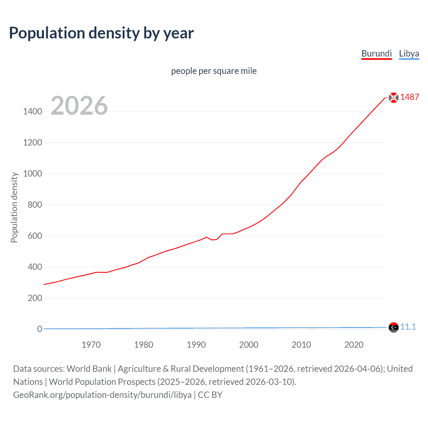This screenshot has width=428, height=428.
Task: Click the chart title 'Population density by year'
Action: tap(101, 33)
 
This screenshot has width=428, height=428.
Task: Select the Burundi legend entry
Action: tap(377, 53)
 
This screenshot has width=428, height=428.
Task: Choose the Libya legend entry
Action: tap(409, 53)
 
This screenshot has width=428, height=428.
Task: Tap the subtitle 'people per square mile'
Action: tap(214, 71)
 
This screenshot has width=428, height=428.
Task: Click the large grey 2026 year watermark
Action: tap(79, 106)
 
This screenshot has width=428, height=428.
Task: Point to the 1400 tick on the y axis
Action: tap(33, 111)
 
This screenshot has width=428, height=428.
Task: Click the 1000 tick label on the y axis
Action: tap(33, 174)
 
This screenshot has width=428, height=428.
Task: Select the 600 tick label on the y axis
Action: tap(35, 236)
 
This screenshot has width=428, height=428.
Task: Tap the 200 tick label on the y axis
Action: tap(35, 298)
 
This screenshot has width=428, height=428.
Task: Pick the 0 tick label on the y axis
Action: tap(39, 329)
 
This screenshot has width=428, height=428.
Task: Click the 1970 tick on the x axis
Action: tap(91, 345)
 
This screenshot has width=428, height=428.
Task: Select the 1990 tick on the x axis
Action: tap(196, 345)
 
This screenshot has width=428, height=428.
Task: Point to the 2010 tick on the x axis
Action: tap(301, 345)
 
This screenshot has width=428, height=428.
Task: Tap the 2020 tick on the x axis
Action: tap(354, 345)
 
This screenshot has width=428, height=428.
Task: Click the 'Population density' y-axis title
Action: tap(14, 207)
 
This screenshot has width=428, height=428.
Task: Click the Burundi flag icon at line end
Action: tap(394, 97)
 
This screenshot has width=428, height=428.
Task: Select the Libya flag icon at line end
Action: tap(394, 327)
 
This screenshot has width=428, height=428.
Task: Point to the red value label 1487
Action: tap(410, 97)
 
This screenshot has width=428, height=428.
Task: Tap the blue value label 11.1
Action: tap(408, 327)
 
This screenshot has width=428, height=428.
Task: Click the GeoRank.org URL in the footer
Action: tap(102, 395)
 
